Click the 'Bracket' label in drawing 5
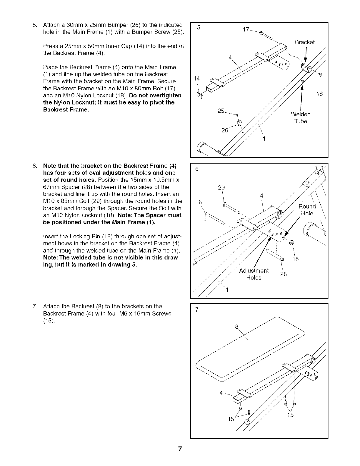[305, 42]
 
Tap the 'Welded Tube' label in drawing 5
[301, 118]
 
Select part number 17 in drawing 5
[246, 29]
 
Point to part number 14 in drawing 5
[197, 78]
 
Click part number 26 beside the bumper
[225, 130]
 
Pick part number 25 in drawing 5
[221, 111]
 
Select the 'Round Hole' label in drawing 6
[307, 210]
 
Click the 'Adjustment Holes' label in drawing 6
[254, 274]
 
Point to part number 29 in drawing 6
[221, 187]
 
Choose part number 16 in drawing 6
[199, 202]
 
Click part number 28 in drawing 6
[283, 274]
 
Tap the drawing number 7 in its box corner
[197, 309]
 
